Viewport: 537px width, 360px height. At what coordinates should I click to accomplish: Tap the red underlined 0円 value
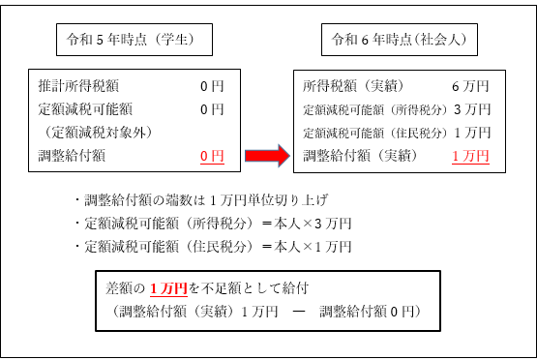point(211,155)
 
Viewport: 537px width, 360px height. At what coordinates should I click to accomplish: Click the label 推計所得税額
point(80,86)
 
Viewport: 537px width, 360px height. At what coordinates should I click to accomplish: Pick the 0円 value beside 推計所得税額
point(211,86)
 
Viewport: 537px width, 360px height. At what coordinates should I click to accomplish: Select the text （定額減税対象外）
point(97,132)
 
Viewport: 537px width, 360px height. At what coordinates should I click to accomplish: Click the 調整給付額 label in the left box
point(74,155)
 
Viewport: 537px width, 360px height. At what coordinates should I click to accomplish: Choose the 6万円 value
point(471,86)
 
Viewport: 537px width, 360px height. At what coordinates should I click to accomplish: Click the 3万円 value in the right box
point(471,108)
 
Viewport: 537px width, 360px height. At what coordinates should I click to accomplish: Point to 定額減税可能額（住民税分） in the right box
point(373,132)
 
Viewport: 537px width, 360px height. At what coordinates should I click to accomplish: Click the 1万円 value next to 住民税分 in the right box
point(471,132)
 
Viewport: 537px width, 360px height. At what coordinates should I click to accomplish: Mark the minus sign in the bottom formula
point(298,311)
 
